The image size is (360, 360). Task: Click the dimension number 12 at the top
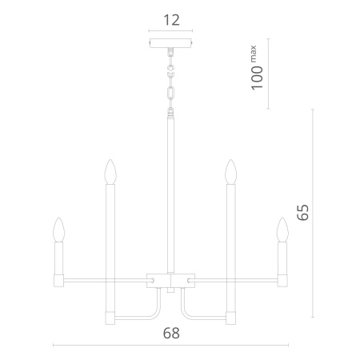pyautogui.click(x=171, y=20)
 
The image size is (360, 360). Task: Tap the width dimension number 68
pyautogui.click(x=171, y=334)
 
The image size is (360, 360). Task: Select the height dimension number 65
pyautogui.click(x=303, y=212)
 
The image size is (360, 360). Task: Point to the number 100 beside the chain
pyautogui.click(x=257, y=78)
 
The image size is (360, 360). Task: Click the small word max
pyautogui.click(x=254, y=54)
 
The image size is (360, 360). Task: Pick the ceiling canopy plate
pyautogui.click(x=170, y=43)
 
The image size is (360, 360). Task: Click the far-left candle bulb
pyautogui.click(x=58, y=230)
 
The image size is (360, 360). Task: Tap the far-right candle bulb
pyautogui.click(x=282, y=230)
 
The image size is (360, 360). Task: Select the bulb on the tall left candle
pyautogui.click(x=110, y=172)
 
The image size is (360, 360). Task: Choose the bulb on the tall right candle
pyautogui.click(x=231, y=172)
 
